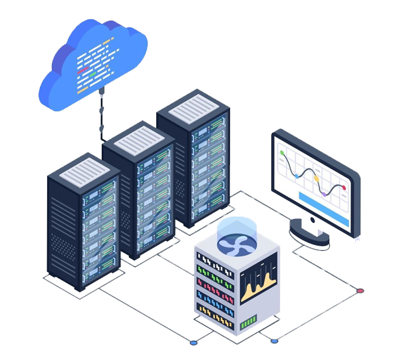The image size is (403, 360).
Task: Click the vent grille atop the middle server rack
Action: (138, 140)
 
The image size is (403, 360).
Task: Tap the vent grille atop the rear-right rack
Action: (194, 108)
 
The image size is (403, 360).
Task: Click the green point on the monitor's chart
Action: (283, 153)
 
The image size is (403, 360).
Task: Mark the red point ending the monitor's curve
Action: (344, 188)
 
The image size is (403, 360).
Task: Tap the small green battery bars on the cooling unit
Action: (249, 322)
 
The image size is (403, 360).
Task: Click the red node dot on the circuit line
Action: (360, 291)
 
